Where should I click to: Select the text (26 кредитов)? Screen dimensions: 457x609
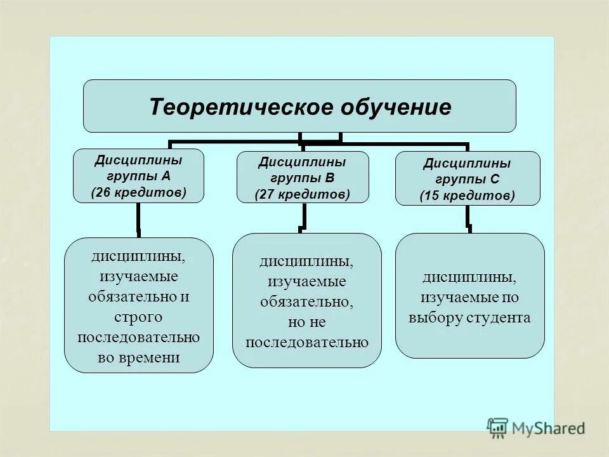coord(138,192)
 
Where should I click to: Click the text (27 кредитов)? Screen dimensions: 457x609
coord(302,194)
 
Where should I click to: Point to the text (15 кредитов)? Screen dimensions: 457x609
coord(467,196)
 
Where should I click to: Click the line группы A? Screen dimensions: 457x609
coord(139,176)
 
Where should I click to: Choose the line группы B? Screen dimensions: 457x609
coord(302,178)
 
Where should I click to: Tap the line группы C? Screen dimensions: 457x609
coord(467,180)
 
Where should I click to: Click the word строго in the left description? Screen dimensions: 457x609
coord(138,316)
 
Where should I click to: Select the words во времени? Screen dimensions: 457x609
coord(139,357)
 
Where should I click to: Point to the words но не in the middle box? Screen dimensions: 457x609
coord(306,322)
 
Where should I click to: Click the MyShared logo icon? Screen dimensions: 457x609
coord(498,427)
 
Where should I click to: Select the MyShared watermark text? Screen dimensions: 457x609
coord(549,428)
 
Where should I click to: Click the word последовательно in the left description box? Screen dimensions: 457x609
coord(138,336)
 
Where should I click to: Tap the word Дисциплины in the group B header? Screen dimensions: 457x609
coord(302,162)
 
